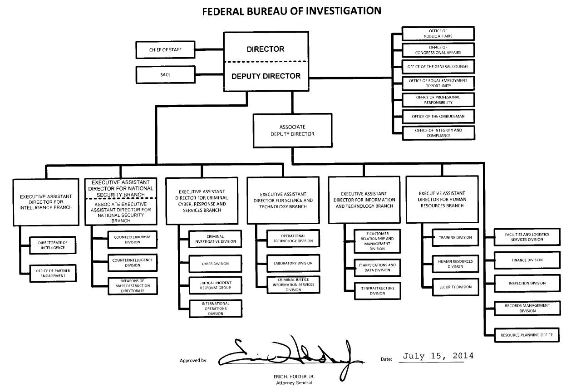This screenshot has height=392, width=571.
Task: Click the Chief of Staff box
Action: coord(165,50)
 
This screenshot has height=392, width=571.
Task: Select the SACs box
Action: coord(165,75)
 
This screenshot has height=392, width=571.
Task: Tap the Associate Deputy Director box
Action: coord(292,131)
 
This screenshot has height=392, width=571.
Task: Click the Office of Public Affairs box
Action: coord(438,34)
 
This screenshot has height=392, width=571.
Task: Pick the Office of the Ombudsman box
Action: coord(438,117)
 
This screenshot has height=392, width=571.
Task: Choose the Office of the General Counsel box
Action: coord(438,67)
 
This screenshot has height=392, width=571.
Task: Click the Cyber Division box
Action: coord(215,264)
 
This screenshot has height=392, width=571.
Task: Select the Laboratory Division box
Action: coord(293,263)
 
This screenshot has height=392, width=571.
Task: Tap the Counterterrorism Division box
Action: coord(133,240)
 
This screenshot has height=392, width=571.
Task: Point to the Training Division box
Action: coord(455,237)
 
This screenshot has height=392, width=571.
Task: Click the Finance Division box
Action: coord(527,260)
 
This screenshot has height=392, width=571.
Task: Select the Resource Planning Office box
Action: coord(527,335)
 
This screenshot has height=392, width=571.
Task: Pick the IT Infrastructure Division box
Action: coord(377,291)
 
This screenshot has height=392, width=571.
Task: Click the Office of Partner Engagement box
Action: coord(53,273)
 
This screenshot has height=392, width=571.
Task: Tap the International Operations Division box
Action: coord(215,309)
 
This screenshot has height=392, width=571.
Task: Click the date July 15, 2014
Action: coord(438,356)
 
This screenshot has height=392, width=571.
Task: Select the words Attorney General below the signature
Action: coord(294,383)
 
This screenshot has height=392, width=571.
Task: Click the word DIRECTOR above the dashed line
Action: coord(266,49)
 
